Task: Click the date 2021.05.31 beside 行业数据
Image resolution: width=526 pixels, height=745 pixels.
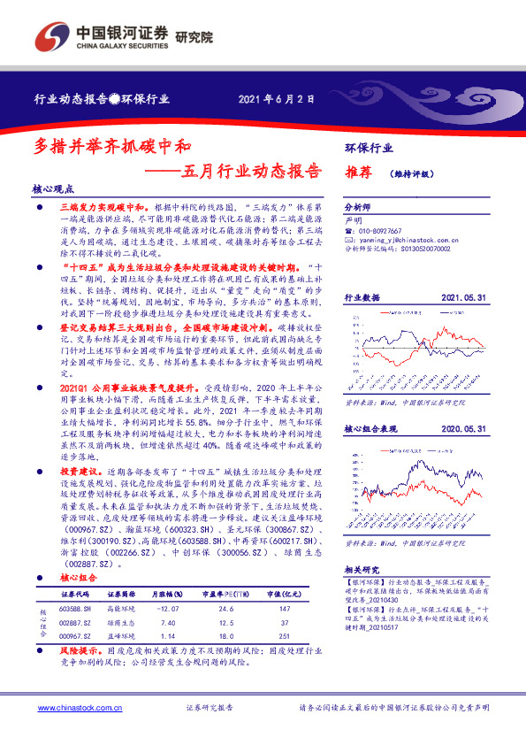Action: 461,299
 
